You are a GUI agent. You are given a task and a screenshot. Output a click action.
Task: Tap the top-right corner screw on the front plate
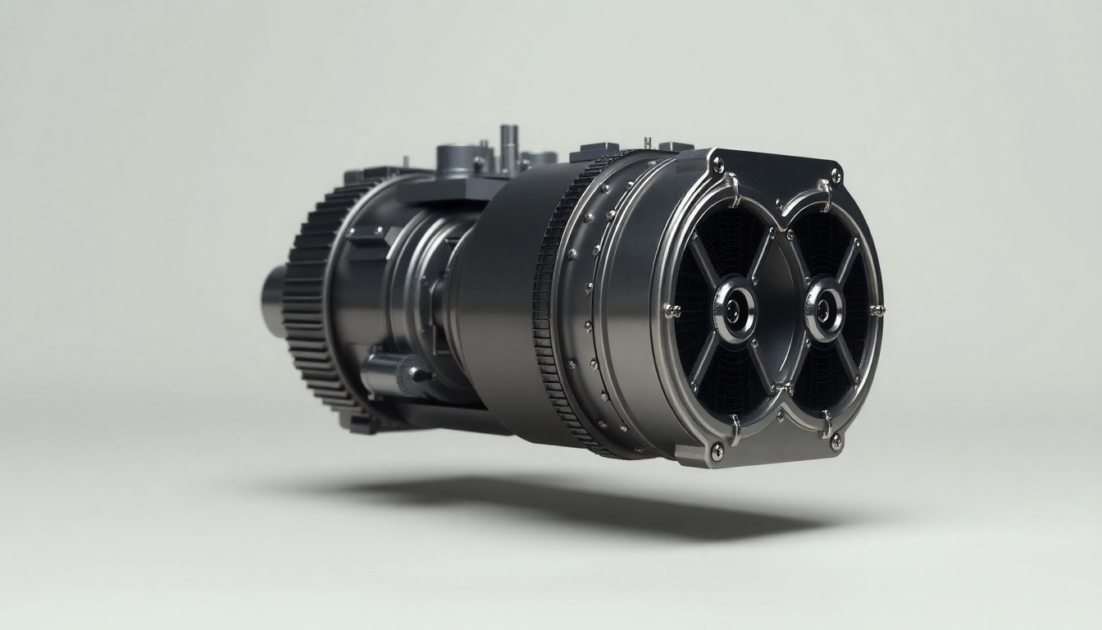click(x=836, y=174)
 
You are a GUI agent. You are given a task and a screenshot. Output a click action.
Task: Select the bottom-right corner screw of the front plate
click(x=836, y=442)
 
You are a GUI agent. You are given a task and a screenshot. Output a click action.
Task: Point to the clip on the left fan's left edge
click(x=671, y=310)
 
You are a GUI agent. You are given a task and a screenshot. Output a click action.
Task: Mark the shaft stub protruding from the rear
click(x=274, y=299)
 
